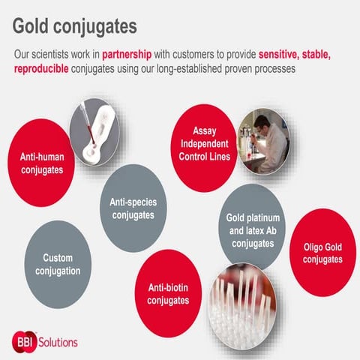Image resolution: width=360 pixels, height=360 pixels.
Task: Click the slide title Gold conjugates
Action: click(75, 25)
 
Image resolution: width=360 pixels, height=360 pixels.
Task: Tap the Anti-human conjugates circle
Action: click(42, 163)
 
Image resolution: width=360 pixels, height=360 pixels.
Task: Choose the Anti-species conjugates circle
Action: click(133, 208)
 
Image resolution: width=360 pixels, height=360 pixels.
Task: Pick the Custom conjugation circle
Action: click(58, 264)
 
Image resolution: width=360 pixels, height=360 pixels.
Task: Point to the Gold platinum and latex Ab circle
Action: click(253, 230)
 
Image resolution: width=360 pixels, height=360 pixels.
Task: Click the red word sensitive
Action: click(284, 55)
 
